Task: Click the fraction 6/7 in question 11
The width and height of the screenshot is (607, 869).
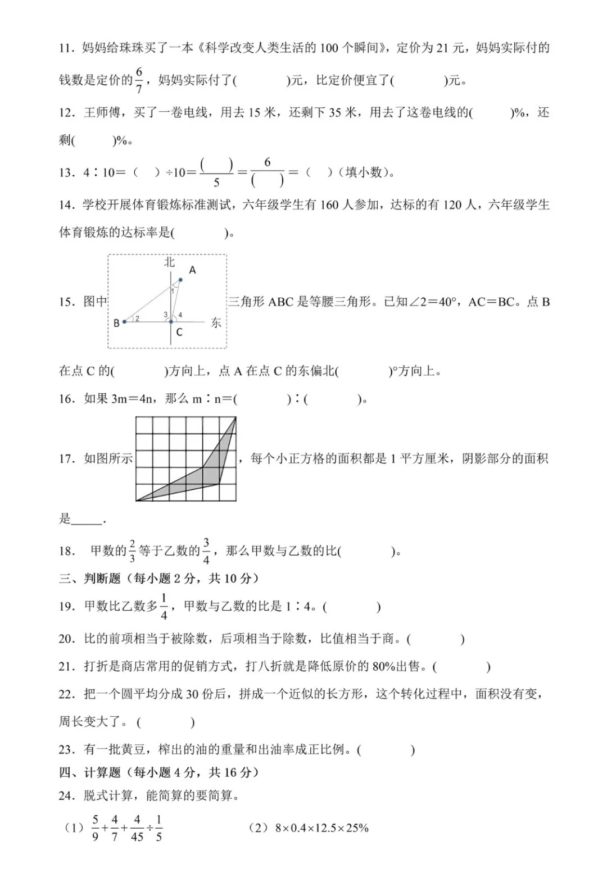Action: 139,80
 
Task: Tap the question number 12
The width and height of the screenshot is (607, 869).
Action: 66,113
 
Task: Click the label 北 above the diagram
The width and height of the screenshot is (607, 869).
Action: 170,262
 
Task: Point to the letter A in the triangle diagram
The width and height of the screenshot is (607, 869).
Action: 192,270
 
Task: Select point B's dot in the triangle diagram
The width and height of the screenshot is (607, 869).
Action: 124,322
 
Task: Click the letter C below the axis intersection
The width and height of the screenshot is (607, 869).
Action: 179,333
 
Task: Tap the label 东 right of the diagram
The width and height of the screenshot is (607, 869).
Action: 216,323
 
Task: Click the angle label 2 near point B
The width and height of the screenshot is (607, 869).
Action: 137,319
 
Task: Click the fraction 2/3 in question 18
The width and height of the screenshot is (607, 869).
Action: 132,550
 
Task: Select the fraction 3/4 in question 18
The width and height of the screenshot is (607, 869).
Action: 206,550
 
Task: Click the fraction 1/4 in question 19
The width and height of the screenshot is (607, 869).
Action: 164,606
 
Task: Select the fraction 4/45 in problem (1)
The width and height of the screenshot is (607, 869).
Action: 137,827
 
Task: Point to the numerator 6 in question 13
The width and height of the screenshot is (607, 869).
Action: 267,162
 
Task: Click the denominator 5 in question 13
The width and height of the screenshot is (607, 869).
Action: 216,183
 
